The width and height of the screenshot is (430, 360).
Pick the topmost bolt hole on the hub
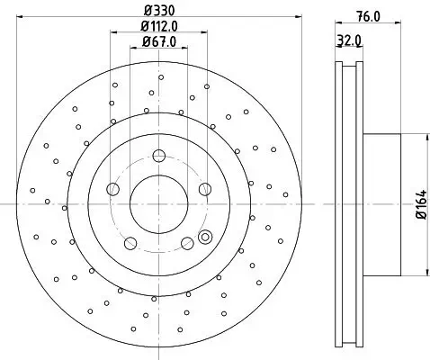click(159, 155)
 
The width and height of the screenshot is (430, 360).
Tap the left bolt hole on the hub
click(112, 189)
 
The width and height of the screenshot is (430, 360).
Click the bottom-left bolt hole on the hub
click(130, 243)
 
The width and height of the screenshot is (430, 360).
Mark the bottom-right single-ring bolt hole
click(187, 243)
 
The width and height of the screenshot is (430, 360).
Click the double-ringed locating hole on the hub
click(205, 238)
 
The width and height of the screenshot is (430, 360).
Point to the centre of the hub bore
click(159, 203)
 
